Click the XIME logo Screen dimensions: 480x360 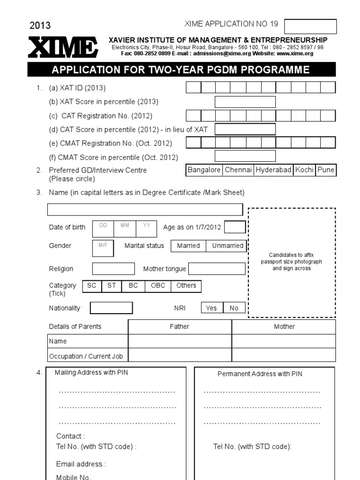[x=63, y=48]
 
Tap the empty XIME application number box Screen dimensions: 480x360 [x=310, y=27]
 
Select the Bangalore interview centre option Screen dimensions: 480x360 [x=204, y=170]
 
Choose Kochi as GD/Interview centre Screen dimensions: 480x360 [x=304, y=170]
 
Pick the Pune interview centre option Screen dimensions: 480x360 [x=326, y=170]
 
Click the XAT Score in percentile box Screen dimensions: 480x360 [x=245, y=102]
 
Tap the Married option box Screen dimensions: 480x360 [x=188, y=246]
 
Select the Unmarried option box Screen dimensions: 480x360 [x=227, y=246]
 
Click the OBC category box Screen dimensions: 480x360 [x=158, y=285]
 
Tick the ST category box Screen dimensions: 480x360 [x=112, y=285]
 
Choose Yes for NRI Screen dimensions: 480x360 [x=211, y=308]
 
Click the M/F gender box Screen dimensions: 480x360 [x=103, y=248]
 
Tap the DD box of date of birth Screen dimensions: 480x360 [x=103, y=228]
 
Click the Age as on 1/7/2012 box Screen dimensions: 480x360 [x=235, y=227]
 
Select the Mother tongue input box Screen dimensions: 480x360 [x=217, y=269]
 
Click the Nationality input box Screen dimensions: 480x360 [x=111, y=308]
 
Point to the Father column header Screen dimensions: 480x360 [x=180, y=327]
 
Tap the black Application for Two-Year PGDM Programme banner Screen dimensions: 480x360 [x=181, y=70]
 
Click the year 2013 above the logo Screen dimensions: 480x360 [x=40, y=26]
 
